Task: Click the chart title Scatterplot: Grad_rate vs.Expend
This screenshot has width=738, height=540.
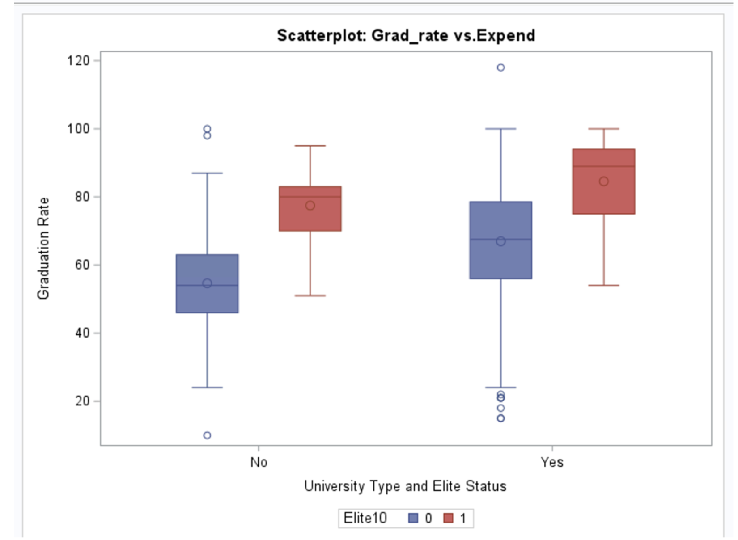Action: point(406,35)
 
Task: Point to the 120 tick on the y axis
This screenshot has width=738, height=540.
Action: point(78,60)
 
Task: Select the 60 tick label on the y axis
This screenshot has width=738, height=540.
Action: point(82,265)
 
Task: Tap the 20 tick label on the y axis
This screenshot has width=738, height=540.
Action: point(82,401)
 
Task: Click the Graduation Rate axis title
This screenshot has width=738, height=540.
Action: point(43,249)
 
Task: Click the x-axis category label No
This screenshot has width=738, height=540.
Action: point(259,462)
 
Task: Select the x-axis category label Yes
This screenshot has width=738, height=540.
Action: point(552,462)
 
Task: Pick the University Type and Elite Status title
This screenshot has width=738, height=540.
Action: point(405,486)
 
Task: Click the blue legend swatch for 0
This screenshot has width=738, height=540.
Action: point(413,518)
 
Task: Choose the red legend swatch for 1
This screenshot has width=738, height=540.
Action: point(448,518)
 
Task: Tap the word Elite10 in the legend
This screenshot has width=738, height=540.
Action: point(365,518)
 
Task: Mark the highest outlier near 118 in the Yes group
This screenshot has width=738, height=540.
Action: point(501,67)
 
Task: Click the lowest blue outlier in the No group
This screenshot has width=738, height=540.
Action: point(207,435)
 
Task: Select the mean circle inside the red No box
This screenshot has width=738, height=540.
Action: point(310,206)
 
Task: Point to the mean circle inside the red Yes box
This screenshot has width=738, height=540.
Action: point(604,181)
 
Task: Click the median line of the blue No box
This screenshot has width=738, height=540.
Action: point(207,285)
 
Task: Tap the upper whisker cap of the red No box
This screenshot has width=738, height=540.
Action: point(310,146)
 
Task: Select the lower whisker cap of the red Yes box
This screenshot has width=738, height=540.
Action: point(604,285)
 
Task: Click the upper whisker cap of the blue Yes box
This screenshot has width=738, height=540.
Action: point(501,129)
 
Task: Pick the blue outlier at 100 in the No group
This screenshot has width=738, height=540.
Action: point(207,129)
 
